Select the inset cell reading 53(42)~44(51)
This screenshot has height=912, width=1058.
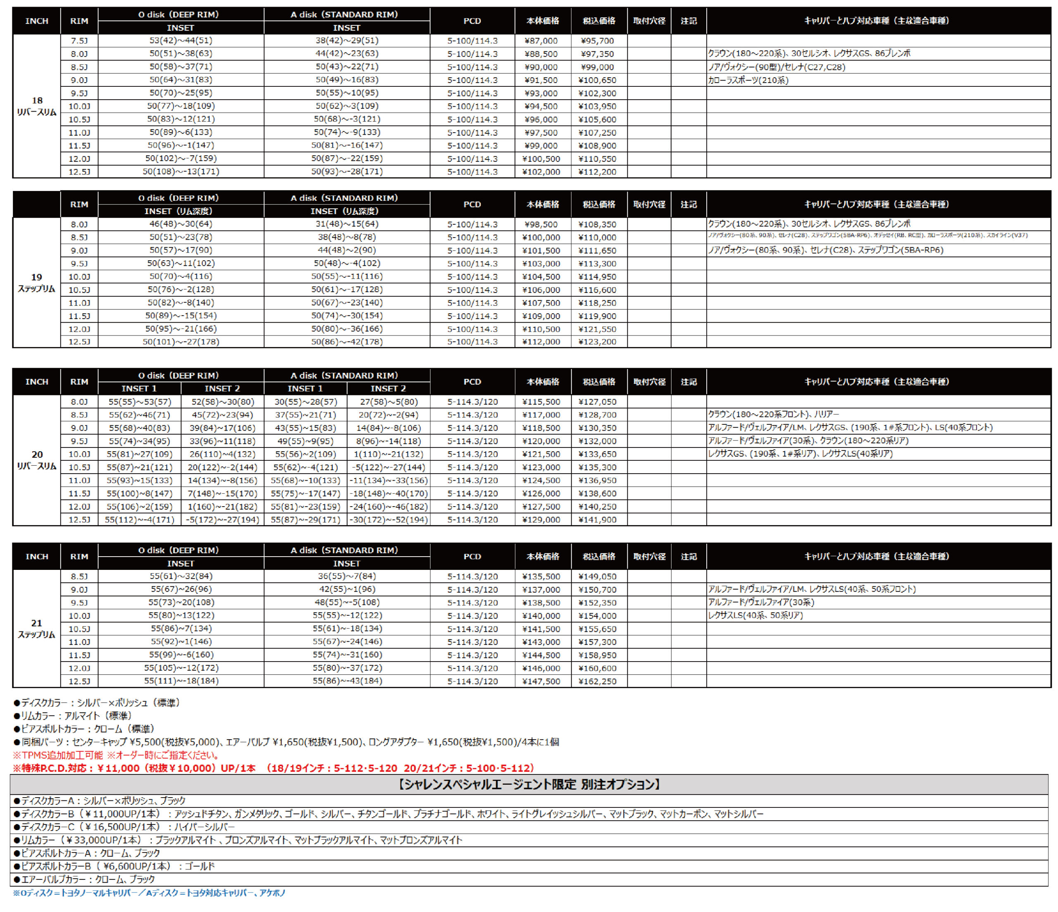pyautogui.click(x=181, y=40)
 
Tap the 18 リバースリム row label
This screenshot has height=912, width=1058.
pyautogui.click(x=37, y=106)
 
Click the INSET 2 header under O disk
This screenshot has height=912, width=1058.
pyautogui.click(x=222, y=388)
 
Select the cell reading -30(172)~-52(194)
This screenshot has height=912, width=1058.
pyautogui.click(x=388, y=520)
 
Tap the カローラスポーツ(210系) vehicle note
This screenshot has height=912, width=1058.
pyautogui.click(x=748, y=80)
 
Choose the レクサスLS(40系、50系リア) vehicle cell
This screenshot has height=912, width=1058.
pyautogui.click(x=756, y=615)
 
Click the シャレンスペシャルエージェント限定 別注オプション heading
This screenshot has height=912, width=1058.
pyautogui.click(x=529, y=784)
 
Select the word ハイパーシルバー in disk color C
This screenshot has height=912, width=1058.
pyautogui.click(x=204, y=827)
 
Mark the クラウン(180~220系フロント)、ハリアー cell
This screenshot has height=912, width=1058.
pyautogui.click(x=773, y=414)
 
